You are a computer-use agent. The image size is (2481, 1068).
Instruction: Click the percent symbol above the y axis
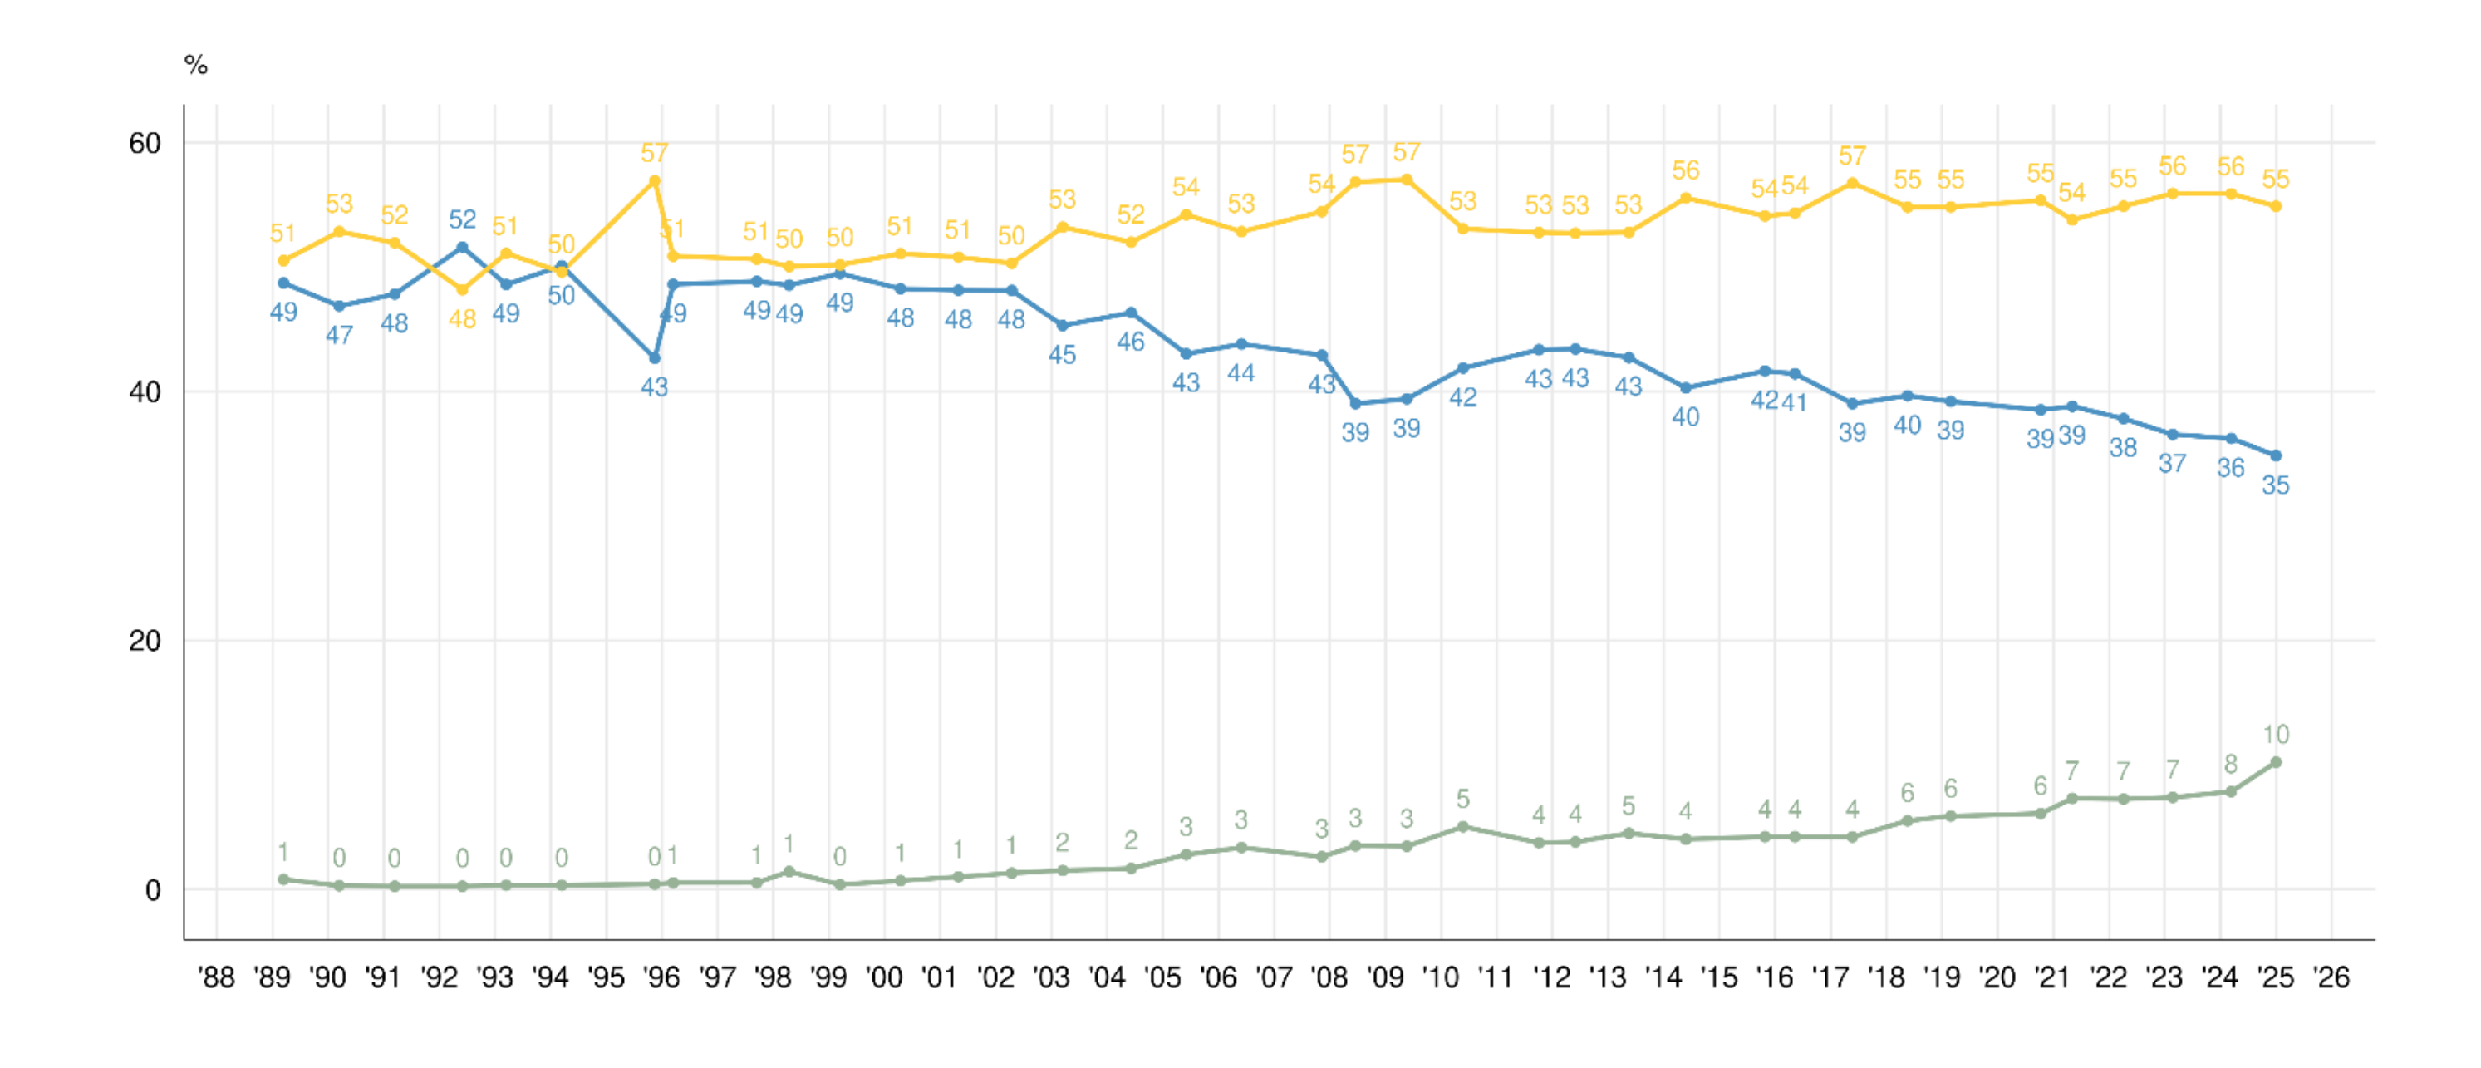coord(195,66)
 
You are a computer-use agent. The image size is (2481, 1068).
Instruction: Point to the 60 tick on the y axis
coord(145,144)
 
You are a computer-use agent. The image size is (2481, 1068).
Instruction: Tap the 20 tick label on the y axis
coord(145,642)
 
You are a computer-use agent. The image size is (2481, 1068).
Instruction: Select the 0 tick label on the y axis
coord(152,891)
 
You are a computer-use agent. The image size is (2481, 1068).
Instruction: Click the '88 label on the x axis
coord(216,978)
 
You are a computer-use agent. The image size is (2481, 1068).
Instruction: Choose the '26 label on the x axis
coord(2331,978)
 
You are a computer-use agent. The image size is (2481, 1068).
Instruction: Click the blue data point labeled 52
coord(462,248)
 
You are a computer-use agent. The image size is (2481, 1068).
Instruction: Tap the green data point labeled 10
coord(2276,763)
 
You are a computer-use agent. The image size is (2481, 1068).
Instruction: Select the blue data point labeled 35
coord(2276,455)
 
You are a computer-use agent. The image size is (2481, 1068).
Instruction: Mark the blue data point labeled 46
coord(1131,313)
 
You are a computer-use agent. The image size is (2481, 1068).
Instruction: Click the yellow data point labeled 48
coord(462,290)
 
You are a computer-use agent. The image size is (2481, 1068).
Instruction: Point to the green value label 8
coord(2231,765)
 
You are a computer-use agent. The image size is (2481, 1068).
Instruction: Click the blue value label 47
coord(339,335)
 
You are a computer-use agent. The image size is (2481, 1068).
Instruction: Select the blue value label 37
coord(2172,464)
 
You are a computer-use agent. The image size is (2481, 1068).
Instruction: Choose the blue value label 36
coord(2231,468)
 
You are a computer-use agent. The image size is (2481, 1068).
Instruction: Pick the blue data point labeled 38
coord(2123,419)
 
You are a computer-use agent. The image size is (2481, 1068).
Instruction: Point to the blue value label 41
coord(1795,402)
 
